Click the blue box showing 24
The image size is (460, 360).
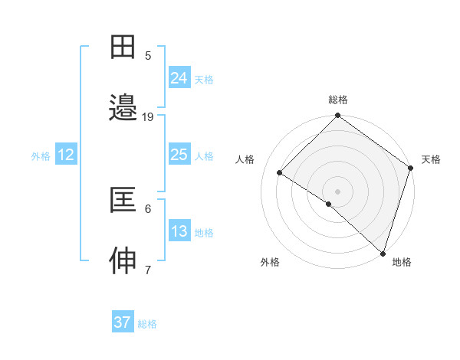179,77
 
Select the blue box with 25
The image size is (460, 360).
179,155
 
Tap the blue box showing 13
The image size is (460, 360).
179,231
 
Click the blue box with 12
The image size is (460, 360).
66,155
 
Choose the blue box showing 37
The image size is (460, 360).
123,322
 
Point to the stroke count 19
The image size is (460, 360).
148,117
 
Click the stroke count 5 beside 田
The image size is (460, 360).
148,56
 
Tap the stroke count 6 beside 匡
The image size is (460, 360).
148,209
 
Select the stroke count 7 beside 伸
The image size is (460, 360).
148,270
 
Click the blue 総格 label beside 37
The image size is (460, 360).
147,324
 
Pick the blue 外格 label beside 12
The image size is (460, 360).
41,156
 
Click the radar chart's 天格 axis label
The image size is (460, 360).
431,159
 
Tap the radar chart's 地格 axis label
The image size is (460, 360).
402,262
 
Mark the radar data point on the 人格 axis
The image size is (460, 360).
280,173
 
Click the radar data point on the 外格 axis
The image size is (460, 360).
328,204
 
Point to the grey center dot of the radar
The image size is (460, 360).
337,191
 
